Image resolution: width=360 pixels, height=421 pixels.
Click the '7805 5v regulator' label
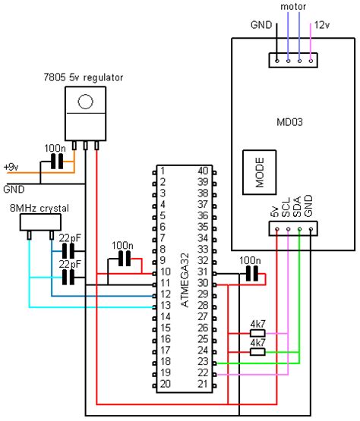83,77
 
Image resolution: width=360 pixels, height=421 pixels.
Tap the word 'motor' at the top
293,7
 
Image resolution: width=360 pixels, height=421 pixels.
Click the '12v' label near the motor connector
322,25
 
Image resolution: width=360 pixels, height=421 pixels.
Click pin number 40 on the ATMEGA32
203,171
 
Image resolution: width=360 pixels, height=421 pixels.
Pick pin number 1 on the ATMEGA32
162,171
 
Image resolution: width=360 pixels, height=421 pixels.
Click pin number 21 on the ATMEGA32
203,385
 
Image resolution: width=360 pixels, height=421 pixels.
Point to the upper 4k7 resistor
257,333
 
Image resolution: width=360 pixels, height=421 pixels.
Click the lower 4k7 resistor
257,351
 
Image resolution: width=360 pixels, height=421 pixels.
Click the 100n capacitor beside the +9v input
55,162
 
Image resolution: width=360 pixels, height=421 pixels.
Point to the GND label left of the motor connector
261,25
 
